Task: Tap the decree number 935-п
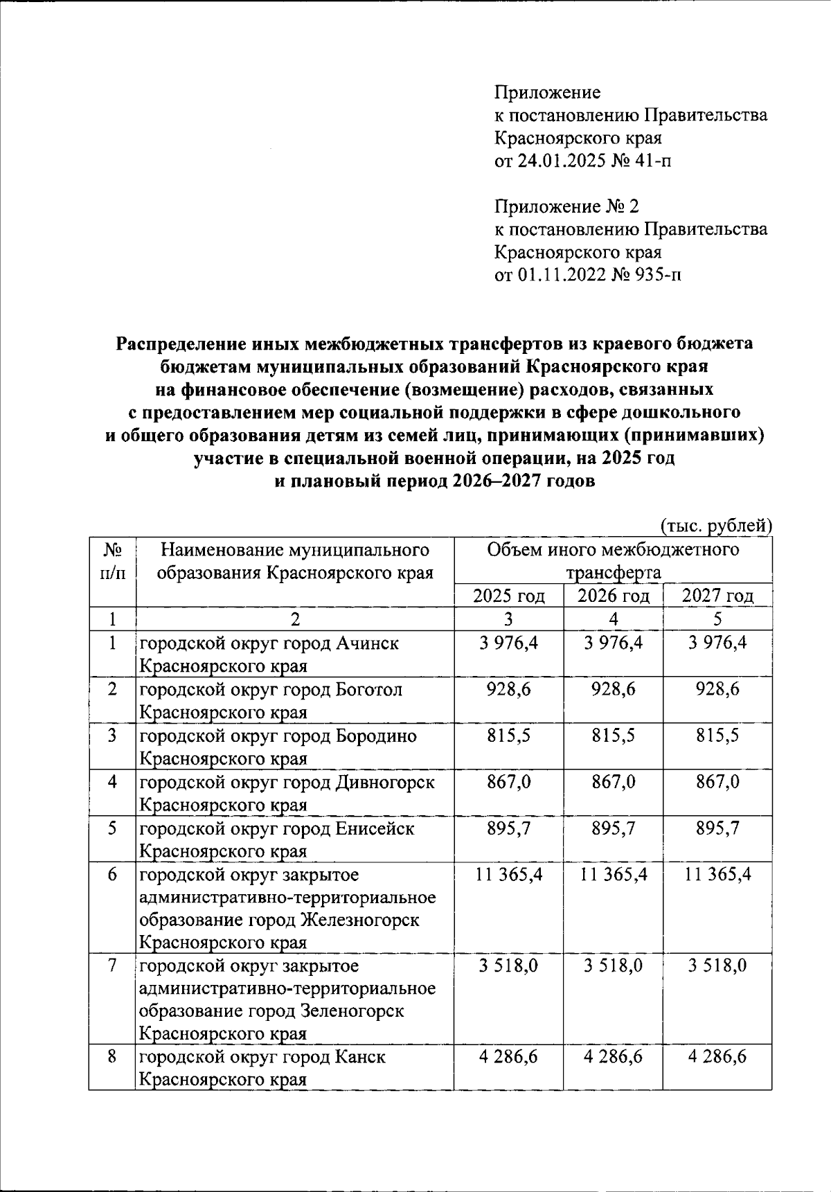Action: (x=657, y=276)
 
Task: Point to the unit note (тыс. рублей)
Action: (x=715, y=526)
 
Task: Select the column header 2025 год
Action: (x=508, y=596)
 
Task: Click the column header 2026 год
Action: (x=613, y=596)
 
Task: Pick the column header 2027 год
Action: (x=717, y=596)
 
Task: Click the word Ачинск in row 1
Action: (x=367, y=643)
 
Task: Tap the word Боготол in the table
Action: (x=369, y=690)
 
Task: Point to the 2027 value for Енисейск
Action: (x=717, y=828)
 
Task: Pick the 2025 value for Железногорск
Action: (x=509, y=875)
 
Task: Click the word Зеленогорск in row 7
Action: (x=352, y=1011)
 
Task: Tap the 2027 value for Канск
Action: (x=717, y=1057)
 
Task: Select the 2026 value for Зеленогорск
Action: (x=613, y=966)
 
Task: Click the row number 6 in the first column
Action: (x=112, y=875)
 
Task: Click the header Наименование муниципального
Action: (x=295, y=550)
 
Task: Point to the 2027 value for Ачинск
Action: (x=717, y=643)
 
